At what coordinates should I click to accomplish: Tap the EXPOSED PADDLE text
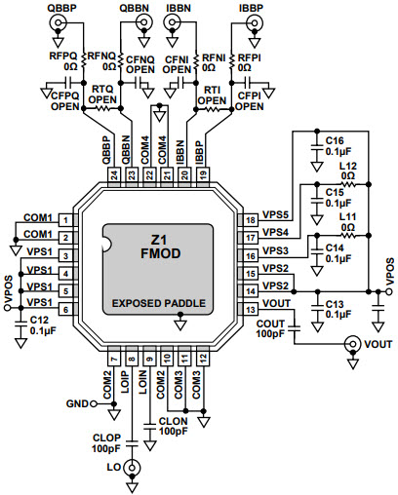pyautogui.click(x=159, y=303)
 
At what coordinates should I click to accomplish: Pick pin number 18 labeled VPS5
pyautogui.click(x=251, y=220)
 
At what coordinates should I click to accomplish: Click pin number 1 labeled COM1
pyautogui.click(x=64, y=220)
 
